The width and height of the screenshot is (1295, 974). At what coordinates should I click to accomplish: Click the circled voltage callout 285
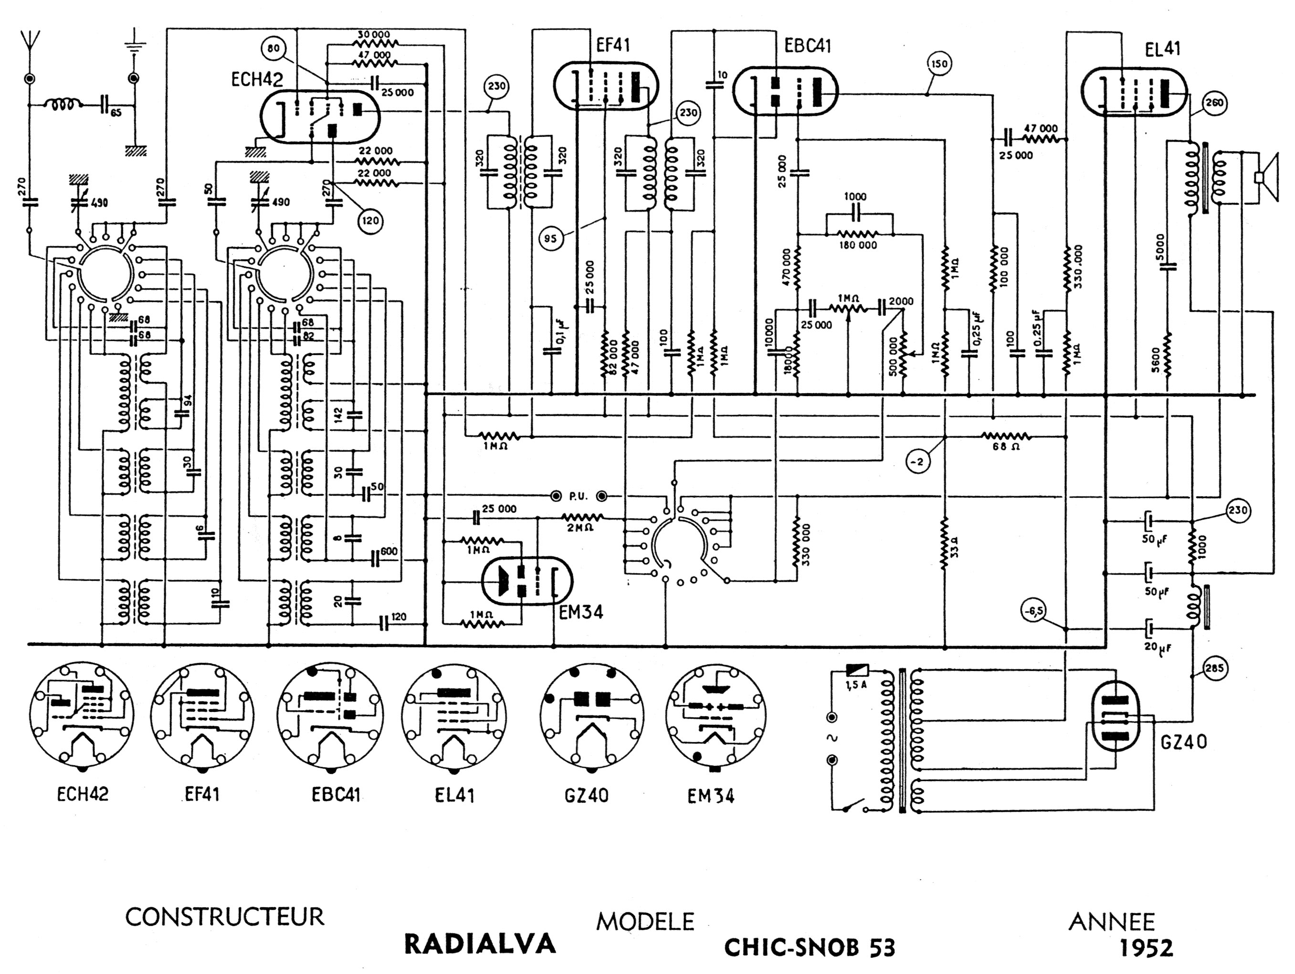coord(1215,669)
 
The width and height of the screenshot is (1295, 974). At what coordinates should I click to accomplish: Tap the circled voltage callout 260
coord(1214,103)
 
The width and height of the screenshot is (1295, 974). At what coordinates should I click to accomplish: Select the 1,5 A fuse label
coord(856,685)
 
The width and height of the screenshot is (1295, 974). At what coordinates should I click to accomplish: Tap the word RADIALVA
coord(480,943)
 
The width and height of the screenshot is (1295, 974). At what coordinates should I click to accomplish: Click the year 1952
coord(1146,948)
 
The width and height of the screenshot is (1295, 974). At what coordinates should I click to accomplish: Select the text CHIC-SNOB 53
coord(810,947)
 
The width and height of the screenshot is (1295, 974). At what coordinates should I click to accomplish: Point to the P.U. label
coord(578,496)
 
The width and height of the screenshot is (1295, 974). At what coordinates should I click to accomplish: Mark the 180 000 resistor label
coord(858,245)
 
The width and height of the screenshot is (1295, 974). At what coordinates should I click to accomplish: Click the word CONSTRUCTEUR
coord(224,917)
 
